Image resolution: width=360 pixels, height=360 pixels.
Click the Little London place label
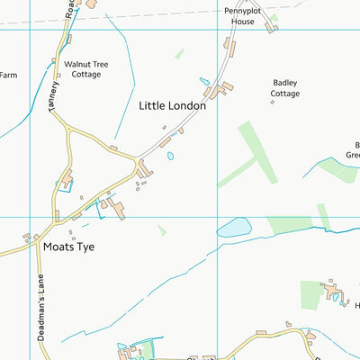point(172,105)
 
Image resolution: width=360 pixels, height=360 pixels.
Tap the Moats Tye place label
point(68,245)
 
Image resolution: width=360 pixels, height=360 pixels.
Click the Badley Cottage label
point(285,87)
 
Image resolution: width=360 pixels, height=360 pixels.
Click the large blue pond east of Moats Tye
point(234,227)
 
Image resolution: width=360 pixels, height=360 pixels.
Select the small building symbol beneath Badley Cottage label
point(272,103)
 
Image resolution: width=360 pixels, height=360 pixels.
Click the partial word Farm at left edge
point(7,76)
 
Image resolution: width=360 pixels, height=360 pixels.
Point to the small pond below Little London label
point(170,156)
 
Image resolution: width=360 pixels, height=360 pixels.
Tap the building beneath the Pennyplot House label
point(269,27)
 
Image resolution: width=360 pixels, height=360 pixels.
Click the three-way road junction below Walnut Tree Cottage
point(67,129)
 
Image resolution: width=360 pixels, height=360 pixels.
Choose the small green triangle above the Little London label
point(179,54)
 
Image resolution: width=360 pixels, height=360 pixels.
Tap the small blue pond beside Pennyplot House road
point(204,81)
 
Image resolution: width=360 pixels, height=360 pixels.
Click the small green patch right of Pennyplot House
point(274,17)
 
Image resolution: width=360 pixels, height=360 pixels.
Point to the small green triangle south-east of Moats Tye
point(162,230)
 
